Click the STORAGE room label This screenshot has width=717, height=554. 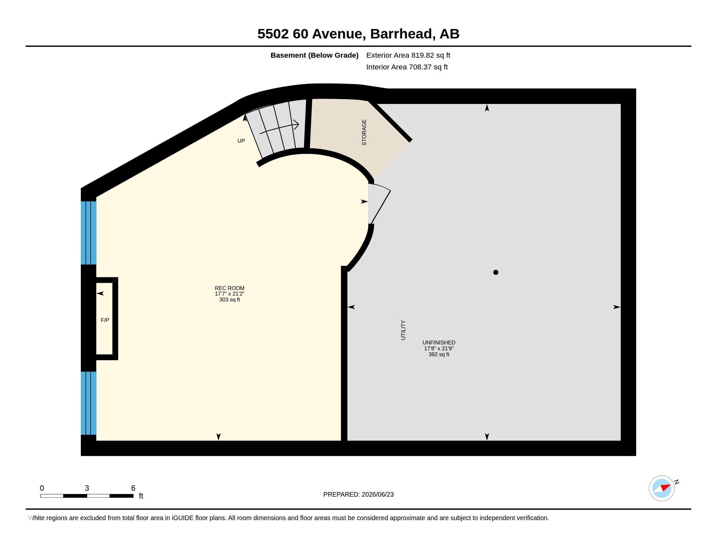point(364,132)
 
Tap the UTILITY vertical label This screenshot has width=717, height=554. point(403,330)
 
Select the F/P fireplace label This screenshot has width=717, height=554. point(105,320)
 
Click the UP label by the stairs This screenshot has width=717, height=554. point(241,141)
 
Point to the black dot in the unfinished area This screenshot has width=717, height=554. point(496,272)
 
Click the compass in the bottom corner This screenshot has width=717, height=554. point(662,488)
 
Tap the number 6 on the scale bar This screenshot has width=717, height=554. point(133,488)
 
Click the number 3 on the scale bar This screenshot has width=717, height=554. point(87,488)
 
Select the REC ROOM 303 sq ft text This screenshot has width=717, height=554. point(229,294)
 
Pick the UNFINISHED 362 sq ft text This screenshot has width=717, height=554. point(439,348)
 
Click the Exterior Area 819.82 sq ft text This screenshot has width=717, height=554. point(408,55)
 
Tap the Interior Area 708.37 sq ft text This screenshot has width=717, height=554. point(407,67)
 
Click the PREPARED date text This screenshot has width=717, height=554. point(358,494)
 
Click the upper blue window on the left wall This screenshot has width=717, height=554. point(89,233)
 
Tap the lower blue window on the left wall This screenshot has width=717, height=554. point(89,403)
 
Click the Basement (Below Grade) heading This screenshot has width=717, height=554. point(314,55)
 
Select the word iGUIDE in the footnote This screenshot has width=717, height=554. point(183,518)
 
